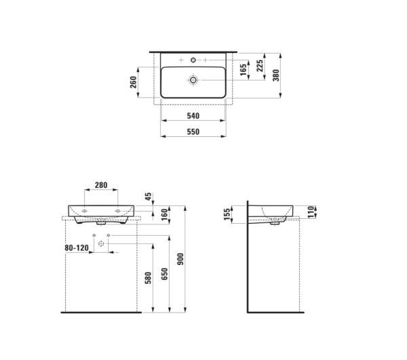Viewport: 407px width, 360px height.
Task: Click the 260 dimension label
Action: (134, 81)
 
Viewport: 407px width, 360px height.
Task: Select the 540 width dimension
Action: (193, 116)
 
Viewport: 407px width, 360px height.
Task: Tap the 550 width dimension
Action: (193, 132)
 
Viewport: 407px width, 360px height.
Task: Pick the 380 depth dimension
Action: (275, 75)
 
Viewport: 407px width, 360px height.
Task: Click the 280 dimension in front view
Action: (102, 186)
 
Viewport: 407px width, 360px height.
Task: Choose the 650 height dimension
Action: (166, 274)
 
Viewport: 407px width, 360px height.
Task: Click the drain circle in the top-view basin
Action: (194, 80)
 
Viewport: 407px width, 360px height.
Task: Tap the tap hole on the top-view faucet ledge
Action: (194, 61)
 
